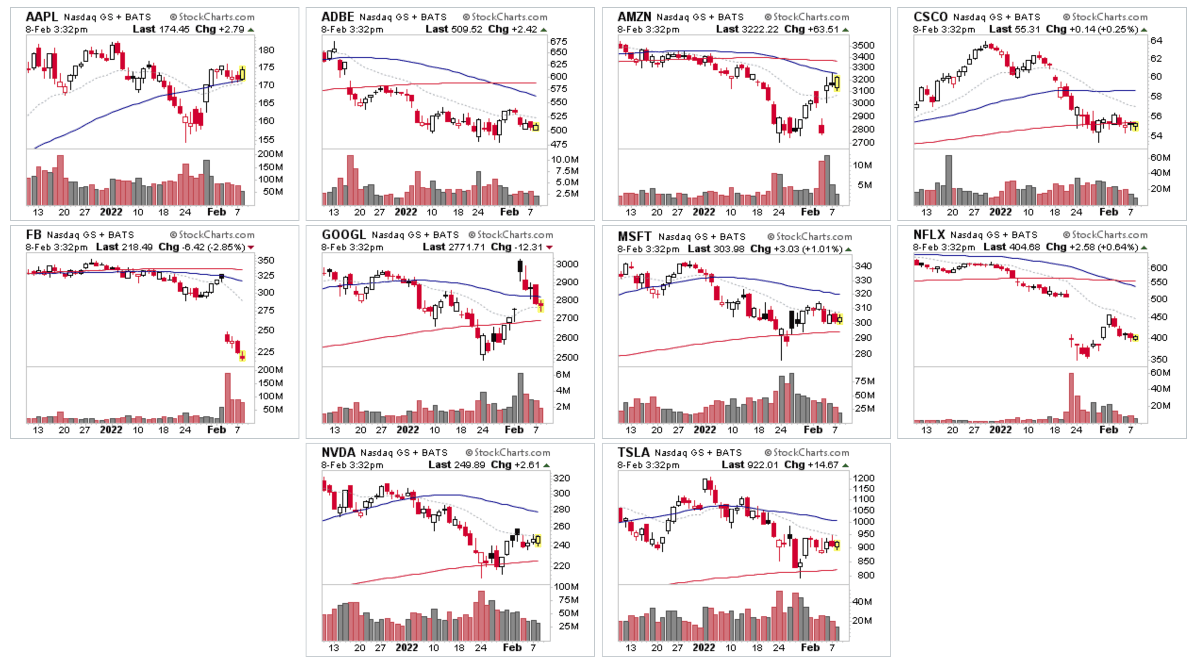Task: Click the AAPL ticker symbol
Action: [41, 17]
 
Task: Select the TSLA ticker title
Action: [633, 453]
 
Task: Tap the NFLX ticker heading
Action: [929, 235]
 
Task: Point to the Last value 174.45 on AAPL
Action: [174, 29]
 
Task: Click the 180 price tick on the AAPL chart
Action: [266, 50]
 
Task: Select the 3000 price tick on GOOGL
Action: [567, 264]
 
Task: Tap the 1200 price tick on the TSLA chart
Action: [863, 478]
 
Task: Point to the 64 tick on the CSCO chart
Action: [1156, 41]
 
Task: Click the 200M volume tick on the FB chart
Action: [270, 370]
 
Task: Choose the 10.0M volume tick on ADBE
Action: [565, 159]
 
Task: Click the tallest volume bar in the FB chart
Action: [228, 397]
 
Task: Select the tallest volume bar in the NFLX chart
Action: [1071, 397]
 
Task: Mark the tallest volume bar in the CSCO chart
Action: [948, 180]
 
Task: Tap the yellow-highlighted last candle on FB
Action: [242, 356]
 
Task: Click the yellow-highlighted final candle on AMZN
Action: [837, 83]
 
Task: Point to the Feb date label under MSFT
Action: [813, 430]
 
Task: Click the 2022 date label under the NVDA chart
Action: [406, 648]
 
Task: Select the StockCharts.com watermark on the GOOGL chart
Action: [514, 235]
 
